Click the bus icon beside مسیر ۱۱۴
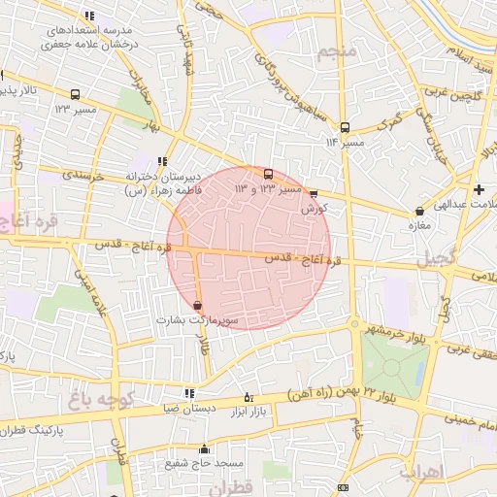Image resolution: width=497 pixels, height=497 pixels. pyautogui.click(x=345, y=127)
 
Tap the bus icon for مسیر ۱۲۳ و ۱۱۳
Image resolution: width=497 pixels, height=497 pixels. pyautogui.click(x=268, y=175)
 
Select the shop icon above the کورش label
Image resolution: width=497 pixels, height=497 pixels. pyautogui.click(x=313, y=193)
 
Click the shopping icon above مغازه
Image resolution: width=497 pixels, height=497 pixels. pyautogui.click(x=419, y=211)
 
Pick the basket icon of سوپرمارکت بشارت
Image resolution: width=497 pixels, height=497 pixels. pyautogui.click(x=199, y=305)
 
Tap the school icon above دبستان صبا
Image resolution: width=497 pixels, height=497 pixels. pyautogui.click(x=189, y=393)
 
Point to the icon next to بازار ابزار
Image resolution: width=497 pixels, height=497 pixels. pyautogui.click(x=248, y=396)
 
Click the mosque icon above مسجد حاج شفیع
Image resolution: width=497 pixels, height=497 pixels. pyautogui.click(x=204, y=448)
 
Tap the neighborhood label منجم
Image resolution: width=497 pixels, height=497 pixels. pyautogui.click(x=344, y=50)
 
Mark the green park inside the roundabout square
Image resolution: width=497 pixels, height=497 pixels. pyautogui.click(x=393, y=364)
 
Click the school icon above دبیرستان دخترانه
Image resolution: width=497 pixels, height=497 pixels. pyautogui.click(x=162, y=162)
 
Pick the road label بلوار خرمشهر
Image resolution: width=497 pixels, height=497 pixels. pyautogui.click(x=388, y=332)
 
